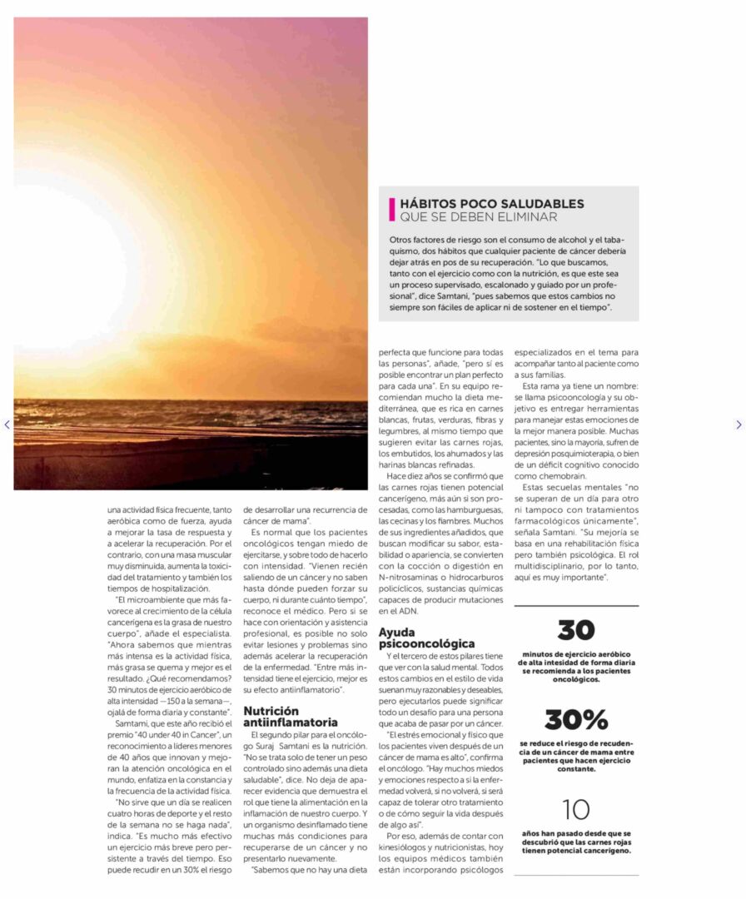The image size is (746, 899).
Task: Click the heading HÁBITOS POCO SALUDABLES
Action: pyautogui.click(x=491, y=204)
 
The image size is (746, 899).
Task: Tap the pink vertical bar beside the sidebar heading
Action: pyautogui.click(x=392, y=210)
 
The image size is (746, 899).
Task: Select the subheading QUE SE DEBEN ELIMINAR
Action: pyautogui.click(x=478, y=217)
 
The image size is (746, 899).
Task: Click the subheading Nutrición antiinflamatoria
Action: pyautogui.click(x=291, y=717)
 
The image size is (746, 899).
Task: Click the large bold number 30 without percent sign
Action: pyautogui.click(x=576, y=630)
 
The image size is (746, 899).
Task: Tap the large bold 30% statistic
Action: pyautogui.click(x=576, y=719)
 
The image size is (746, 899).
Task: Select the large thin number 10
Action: pyautogui.click(x=576, y=809)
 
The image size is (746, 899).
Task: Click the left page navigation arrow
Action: pyautogui.click(x=7, y=425)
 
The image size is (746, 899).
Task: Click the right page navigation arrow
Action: pyautogui.click(x=738, y=425)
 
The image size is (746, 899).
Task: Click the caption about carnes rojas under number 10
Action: pyautogui.click(x=576, y=842)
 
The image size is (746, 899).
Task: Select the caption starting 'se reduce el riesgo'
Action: pyautogui.click(x=576, y=755)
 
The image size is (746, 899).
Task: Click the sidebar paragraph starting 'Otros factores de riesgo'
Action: pyautogui.click(x=508, y=274)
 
